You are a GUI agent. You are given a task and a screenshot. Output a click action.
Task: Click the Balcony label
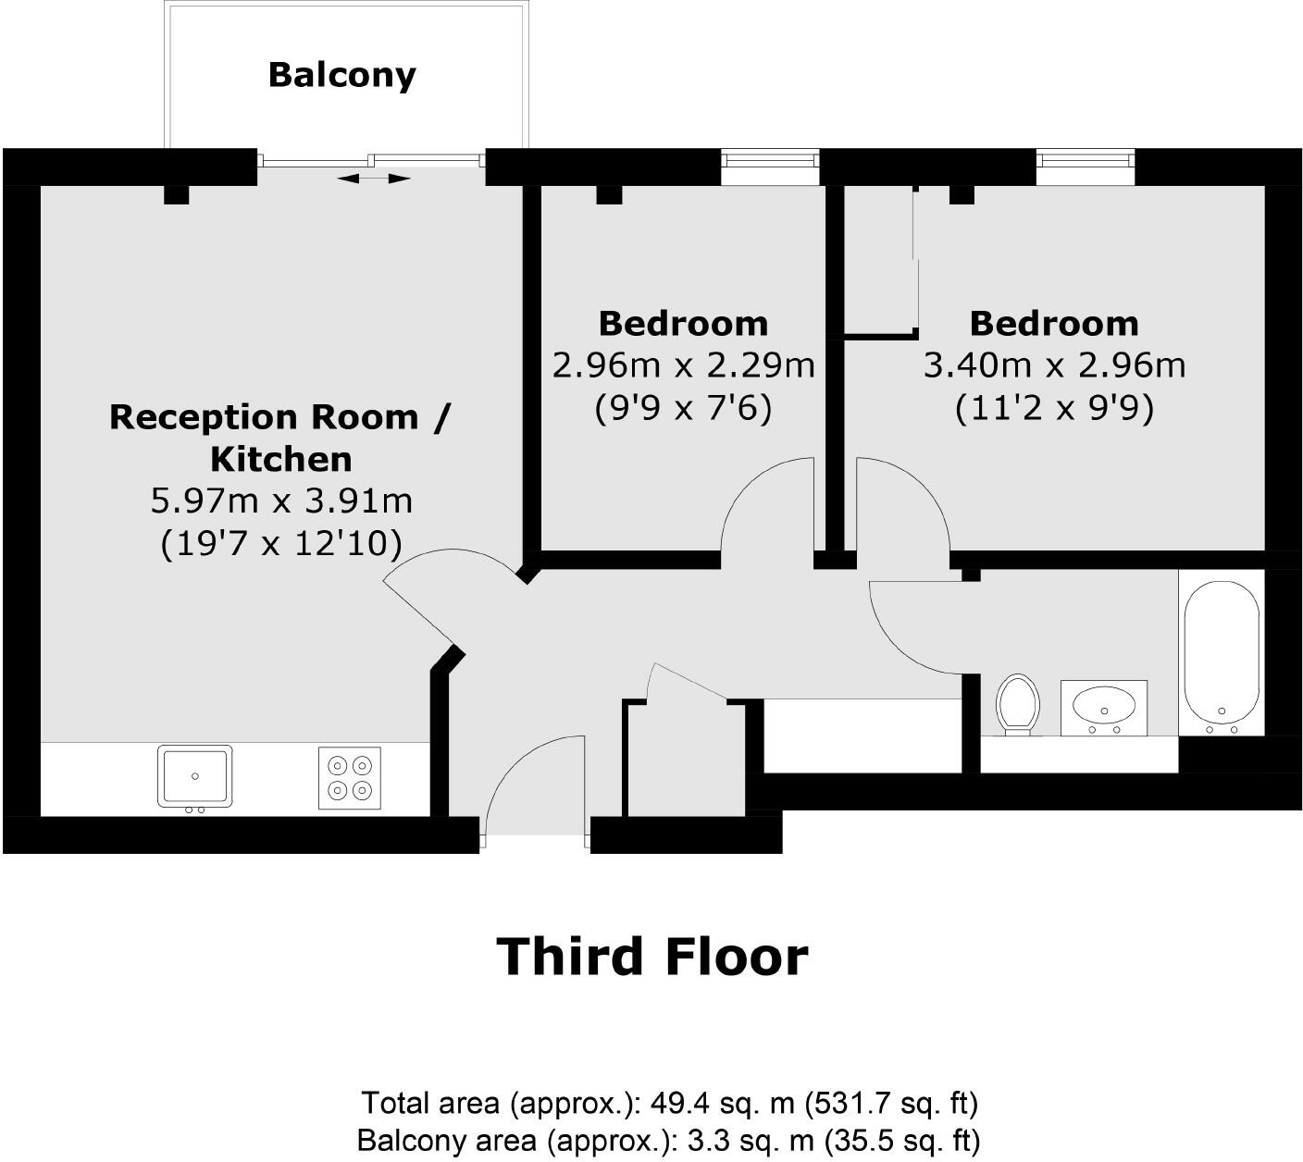341,75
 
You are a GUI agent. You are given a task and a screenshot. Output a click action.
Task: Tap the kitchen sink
194,776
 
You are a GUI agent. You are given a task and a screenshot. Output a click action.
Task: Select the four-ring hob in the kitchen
349,777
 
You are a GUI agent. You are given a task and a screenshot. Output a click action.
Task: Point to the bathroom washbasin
1103,706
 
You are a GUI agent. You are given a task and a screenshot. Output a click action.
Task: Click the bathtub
1222,651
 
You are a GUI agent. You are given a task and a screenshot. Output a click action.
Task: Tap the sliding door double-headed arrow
373,178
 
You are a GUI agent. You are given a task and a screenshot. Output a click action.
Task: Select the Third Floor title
652,957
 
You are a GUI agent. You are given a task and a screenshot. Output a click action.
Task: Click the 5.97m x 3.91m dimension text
280,501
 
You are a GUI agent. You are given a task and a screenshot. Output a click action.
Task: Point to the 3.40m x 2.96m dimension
1054,365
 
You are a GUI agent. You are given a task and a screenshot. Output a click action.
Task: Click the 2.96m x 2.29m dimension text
683,365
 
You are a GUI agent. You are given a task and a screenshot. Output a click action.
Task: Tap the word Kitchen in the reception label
280,459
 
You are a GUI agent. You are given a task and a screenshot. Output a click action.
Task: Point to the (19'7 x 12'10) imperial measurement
280,544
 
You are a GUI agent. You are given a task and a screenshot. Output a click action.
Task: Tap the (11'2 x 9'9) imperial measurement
1054,408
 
